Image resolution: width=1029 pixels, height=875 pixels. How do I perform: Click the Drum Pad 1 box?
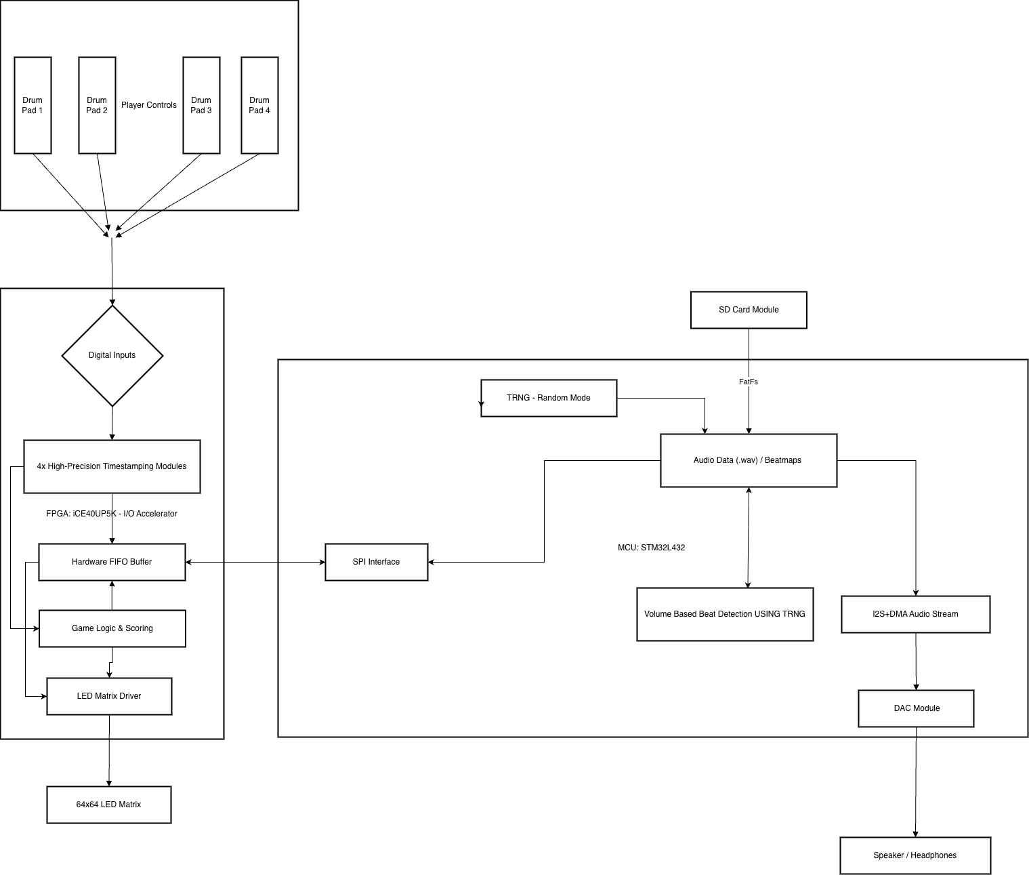pos(33,105)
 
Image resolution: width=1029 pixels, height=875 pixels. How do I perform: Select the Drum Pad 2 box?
pos(97,105)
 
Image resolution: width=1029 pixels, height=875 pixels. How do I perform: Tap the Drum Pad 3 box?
pos(201,105)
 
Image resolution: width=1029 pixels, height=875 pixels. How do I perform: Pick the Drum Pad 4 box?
pos(259,105)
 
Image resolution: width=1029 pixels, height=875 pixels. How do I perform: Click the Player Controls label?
pos(149,105)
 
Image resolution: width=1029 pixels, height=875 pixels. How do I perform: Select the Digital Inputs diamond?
pos(112,355)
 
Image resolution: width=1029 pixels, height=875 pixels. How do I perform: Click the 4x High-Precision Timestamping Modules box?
pos(112,466)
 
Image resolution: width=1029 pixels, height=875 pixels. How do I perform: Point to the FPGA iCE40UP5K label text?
pos(112,514)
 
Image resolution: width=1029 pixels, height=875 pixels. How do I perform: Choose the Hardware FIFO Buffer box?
pos(112,562)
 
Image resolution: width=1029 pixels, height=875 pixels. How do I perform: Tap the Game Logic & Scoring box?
pos(112,628)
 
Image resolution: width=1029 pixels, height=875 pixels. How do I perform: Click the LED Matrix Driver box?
pos(109,696)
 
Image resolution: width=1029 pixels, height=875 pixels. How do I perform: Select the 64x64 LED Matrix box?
pos(109,805)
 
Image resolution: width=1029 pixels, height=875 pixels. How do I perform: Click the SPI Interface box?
pos(377,562)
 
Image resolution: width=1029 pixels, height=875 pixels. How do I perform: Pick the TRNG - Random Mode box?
pos(549,398)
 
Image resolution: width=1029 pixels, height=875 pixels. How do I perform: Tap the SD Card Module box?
pos(749,310)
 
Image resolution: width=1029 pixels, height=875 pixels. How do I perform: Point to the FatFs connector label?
pos(749,382)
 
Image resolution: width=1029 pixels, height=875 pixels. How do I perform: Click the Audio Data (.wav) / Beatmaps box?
pos(749,460)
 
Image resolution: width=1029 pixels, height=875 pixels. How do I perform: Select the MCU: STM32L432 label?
pos(651,548)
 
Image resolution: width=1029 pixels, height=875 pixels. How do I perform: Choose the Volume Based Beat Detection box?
pos(725,614)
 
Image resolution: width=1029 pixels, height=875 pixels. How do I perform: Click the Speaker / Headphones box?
pos(915,855)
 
